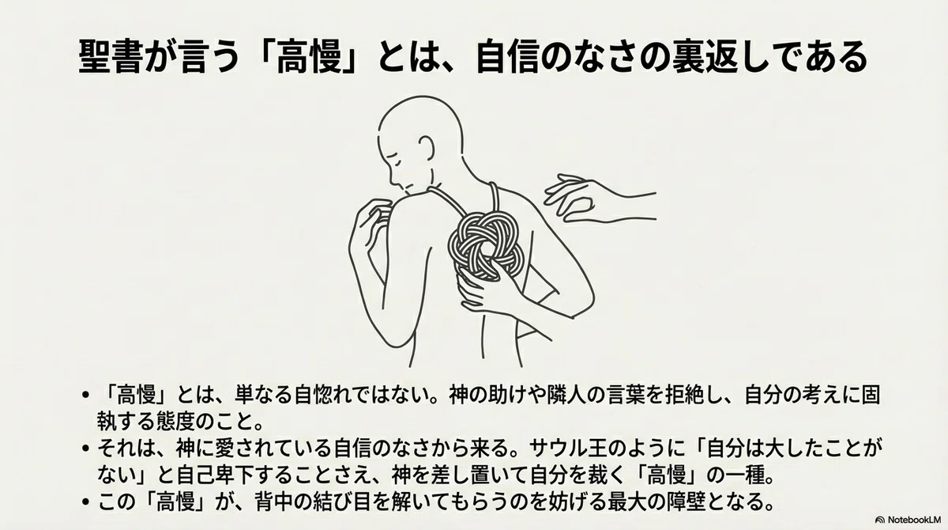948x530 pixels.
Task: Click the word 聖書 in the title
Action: pos(111,57)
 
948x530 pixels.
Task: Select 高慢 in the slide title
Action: pos(310,57)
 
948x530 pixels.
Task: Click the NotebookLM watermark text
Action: pos(913,520)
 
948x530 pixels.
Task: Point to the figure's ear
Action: pos(426,148)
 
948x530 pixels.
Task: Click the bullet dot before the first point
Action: pos(86,396)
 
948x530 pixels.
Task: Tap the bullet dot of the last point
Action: pos(86,502)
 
